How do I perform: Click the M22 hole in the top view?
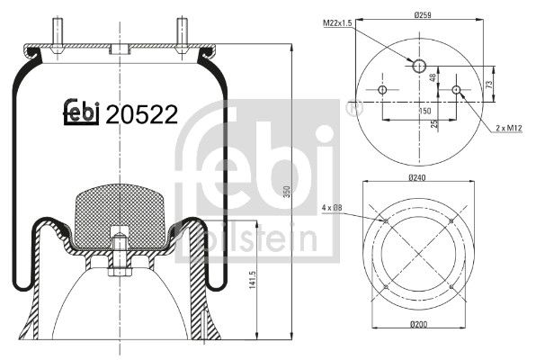click(419, 65)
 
